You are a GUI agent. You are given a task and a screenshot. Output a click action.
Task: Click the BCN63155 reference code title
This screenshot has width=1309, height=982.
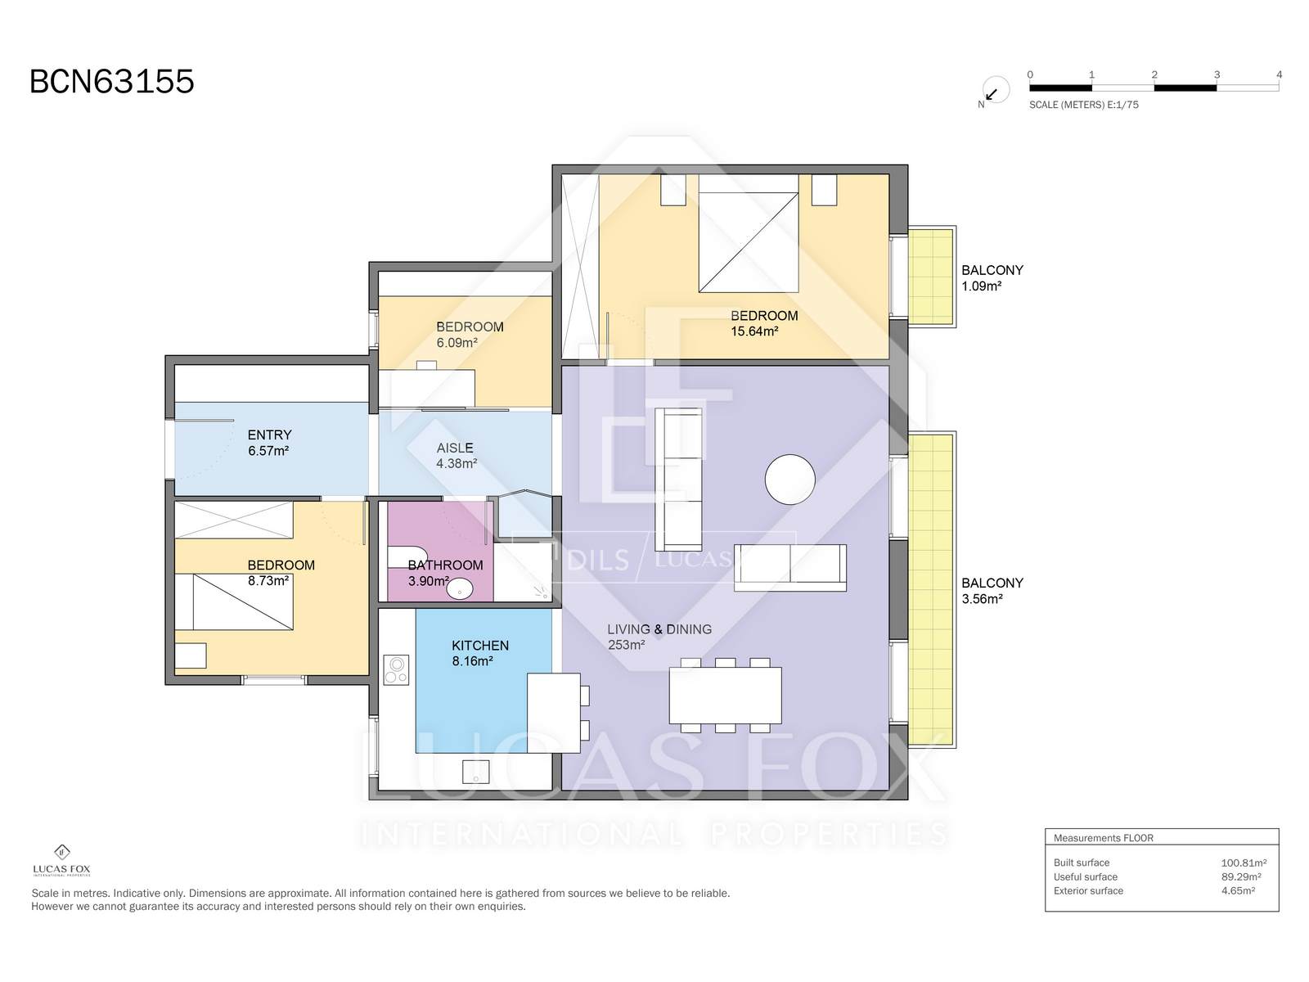[x=111, y=82]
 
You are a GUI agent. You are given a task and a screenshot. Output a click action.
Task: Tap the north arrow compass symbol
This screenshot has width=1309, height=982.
[x=996, y=91]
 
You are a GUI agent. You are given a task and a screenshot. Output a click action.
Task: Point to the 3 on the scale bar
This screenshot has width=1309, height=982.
[x=1217, y=74]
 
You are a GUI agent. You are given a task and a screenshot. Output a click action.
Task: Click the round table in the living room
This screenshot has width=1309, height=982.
[x=789, y=480]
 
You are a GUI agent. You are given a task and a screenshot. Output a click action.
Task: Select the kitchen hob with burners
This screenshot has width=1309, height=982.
[x=396, y=669]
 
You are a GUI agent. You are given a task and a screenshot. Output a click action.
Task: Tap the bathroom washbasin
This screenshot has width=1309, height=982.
[x=460, y=589]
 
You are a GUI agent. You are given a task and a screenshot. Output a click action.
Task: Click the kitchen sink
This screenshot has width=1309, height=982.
[x=476, y=772]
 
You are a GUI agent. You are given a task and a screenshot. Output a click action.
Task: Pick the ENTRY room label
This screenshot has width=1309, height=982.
[x=269, y=435]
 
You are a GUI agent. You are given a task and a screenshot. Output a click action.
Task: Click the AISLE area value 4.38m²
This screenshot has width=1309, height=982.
[x=457, y=463]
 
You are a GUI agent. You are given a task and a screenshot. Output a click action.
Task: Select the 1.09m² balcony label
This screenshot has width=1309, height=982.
[x=981, y=286]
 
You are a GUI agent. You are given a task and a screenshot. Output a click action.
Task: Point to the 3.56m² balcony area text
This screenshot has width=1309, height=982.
[x=982, y=599]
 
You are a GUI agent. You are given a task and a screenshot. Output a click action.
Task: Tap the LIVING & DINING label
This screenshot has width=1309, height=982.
[x=659, y=629]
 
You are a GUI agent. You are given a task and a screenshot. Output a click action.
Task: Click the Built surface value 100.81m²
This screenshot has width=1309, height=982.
[x=1244, y=863]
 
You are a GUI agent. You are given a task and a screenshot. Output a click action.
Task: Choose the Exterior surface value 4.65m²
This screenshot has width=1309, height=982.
[x=1238, y=890]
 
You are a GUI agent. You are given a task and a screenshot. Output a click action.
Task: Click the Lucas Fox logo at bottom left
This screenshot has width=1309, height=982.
[x=61, y=860]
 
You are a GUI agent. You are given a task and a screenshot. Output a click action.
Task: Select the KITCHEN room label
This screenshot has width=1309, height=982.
[x=480, y=645]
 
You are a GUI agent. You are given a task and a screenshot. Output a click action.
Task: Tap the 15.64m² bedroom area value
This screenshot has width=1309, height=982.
[x=754, y=331]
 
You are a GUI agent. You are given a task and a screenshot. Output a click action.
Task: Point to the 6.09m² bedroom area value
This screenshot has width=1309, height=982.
[x=457, y=342]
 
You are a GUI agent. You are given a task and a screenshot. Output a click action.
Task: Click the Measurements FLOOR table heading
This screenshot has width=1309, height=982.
[x=1103, y=838]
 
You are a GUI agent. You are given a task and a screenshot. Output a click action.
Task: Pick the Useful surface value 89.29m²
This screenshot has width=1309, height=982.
[x=1240, y=876]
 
